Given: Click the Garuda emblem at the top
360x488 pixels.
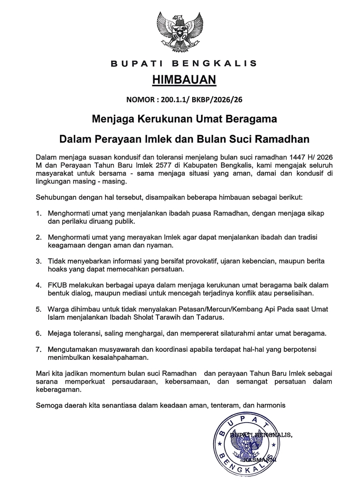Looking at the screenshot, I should click(180, 30).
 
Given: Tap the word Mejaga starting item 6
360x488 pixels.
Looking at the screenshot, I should click(59, 333).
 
